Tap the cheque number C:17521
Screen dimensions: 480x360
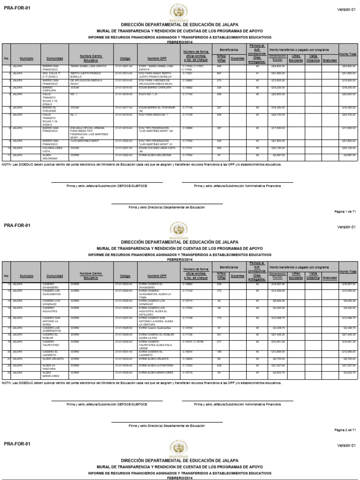(187, 73)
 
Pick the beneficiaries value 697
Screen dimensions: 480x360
(219, 73)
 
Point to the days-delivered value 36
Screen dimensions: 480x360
(257, 154)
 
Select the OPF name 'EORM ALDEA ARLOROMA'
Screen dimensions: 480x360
(156, 154)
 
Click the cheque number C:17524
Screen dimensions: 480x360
(187, 154)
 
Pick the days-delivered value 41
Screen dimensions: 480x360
(257, 73)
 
